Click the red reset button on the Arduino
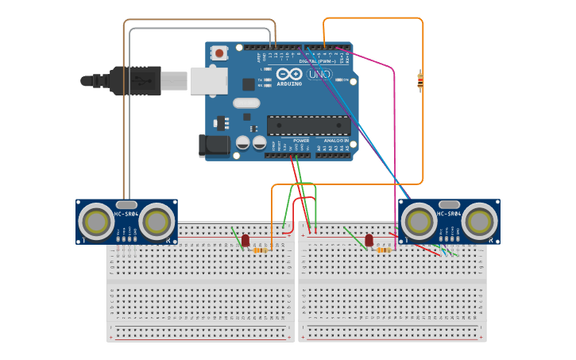click(219, 53)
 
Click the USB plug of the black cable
click(137, 81)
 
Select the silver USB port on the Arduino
click(208, 80)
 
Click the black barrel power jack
click(213, 145)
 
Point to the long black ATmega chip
click(308, 126)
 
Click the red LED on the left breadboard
click(245, 240)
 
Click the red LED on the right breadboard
click(369, 240)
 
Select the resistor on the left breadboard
click(261, 250)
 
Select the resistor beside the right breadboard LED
click(384, 250)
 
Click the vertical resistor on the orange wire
click(420, 80)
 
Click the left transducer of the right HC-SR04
click(419, 222)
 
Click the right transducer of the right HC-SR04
click(479, 222)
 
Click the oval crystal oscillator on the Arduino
click(246, 103)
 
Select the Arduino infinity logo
click(290, 74)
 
